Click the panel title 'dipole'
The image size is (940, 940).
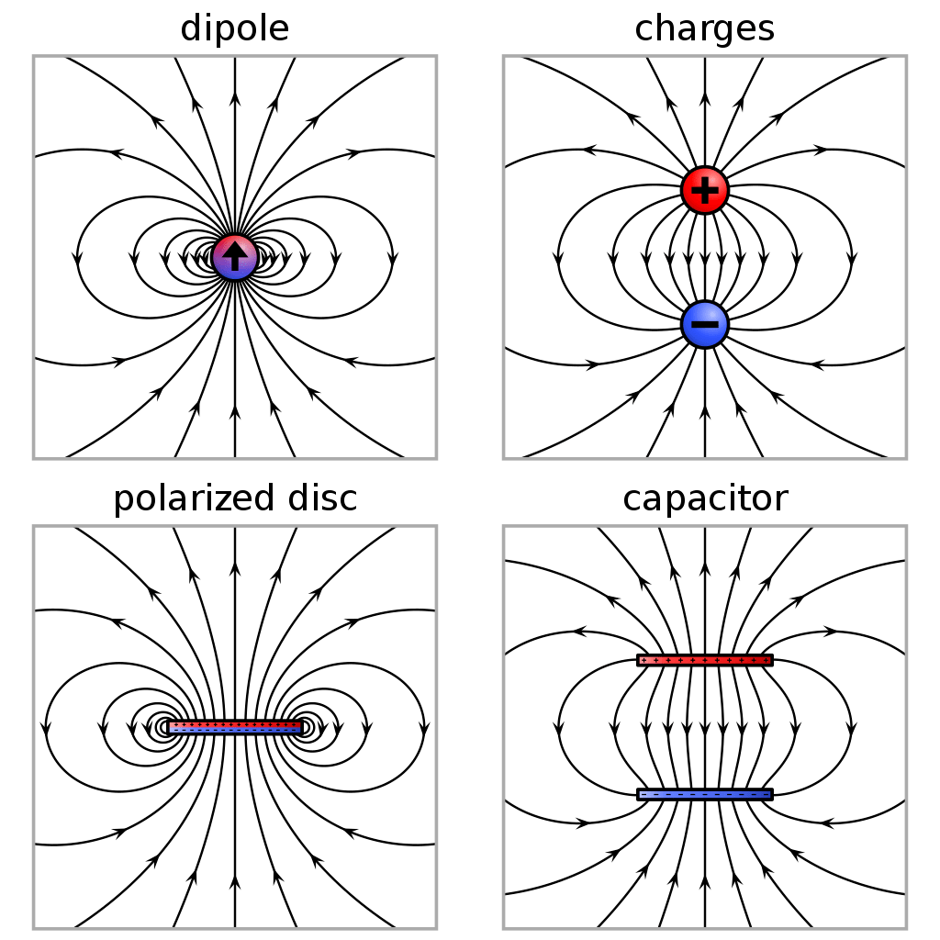pos(235,28)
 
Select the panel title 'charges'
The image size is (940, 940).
pos(704,28)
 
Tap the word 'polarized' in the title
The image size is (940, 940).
pos(189,498)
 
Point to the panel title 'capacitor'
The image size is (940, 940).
pos(704,498)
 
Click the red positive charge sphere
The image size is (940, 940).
pos(704,190)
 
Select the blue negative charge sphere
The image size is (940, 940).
pos(704,324)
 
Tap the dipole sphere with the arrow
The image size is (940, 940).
pos(235,257)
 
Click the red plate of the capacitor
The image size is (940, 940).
pos(704,660)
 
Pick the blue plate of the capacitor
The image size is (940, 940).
pos(704,794)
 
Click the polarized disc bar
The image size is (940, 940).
pos(235,727)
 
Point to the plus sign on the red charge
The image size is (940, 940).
pos(704,190)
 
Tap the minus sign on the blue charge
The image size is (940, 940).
pos(704,324)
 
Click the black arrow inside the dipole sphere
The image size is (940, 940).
pos(235,255)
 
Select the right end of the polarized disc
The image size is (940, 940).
pos(300,727)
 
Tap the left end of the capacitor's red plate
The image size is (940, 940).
pos(641,660)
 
